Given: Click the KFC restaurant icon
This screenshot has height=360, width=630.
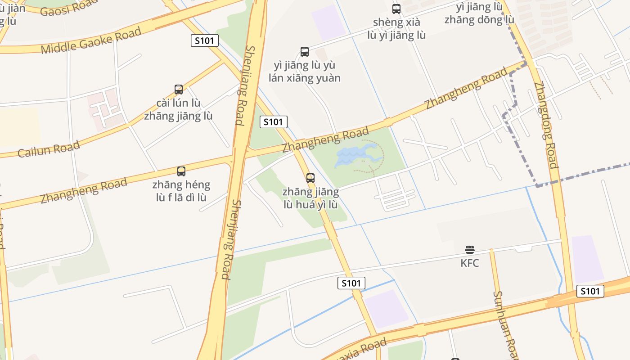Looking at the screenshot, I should tap(470, 249).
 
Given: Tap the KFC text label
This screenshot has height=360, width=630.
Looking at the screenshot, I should tap(470, 263).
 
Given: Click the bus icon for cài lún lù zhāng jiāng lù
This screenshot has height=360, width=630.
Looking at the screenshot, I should tap(179, 90).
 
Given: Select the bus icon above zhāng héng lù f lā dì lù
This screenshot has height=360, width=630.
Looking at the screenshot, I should tap(181, 171).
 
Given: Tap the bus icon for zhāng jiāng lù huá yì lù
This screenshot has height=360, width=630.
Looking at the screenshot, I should tap(310, 178).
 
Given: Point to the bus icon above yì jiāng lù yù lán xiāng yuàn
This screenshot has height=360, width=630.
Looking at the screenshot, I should tap(305, 52).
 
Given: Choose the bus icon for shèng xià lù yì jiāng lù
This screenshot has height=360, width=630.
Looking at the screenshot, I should tap(396, 9).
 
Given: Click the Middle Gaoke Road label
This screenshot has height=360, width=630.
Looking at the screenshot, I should tap(91, 40).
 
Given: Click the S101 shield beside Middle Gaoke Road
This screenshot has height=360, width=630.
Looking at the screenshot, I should tap(205, 40).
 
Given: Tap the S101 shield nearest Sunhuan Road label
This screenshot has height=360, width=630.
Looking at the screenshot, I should tap(590, 291).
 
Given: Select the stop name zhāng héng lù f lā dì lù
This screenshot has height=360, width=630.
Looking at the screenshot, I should tap(181, 191).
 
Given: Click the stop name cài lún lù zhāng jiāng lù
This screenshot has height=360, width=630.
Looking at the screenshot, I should tap(179, 109).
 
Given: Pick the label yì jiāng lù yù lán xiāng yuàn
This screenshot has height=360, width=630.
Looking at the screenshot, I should tap(305, 72).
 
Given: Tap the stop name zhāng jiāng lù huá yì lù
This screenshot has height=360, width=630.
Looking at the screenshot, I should tap(310, 198).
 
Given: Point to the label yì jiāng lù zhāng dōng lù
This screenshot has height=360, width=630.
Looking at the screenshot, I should tap(479, 13).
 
